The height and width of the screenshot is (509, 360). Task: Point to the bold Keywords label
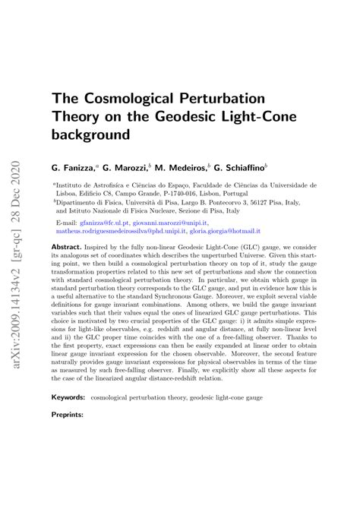click(x=68, y=397)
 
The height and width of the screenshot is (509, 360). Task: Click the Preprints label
click(x=68, y=416)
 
